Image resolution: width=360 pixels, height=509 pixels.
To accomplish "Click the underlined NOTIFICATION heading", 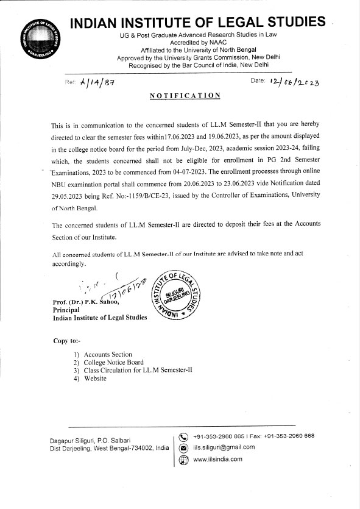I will (x=185, y=96).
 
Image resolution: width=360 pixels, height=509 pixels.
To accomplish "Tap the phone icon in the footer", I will (x=183, y=436).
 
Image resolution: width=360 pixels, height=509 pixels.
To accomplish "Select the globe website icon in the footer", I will (x=183, y=460).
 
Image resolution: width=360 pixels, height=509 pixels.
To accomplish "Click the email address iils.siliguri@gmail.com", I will (x=224, y=447).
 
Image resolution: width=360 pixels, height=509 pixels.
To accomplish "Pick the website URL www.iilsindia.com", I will (x=217, y=459).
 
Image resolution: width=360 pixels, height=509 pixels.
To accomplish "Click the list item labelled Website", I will (x=95, y=378).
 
